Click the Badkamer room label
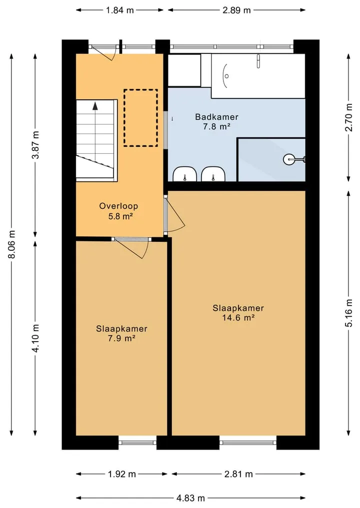pyautogui.click(x=216, y=116)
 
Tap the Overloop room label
pyautogui.click(x=118, y=206)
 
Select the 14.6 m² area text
pyautogui.click(x=238, y=318)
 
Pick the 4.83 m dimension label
pyautogui.click(x=190, y=498)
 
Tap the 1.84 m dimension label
pyautogui.click(x=119, y=10)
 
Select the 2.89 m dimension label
pyautogui.click(x=236, y=10)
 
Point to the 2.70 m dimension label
pyautogui.click(x=348, y=117)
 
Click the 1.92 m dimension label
pyautogui.click(x=121, y=474)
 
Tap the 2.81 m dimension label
pyautogui.click(x=238, y=474)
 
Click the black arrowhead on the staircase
pyautogui.click(x=95, y=105)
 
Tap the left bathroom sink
pyautogui.click(x=184, y=174)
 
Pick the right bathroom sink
pyautogui.click(x=213, y=174)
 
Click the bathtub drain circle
pyautogui.click(x=226, y=76)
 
